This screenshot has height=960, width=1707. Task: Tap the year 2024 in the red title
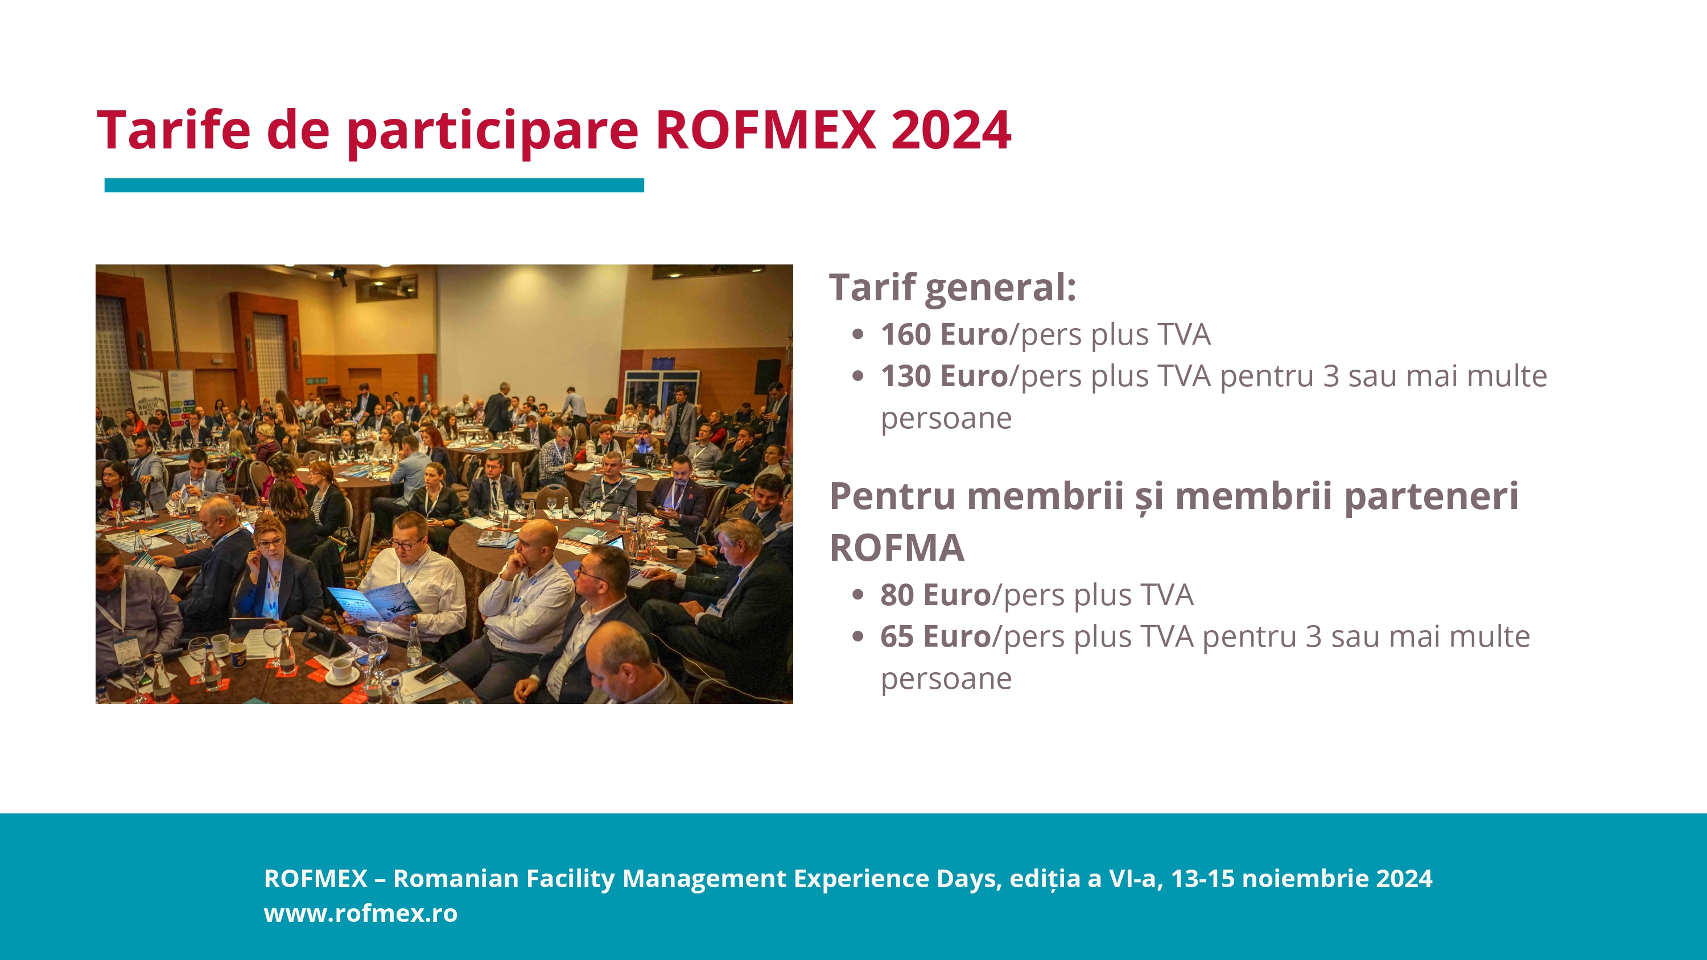coord(951,130)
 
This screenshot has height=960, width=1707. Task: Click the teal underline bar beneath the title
coord(374,185)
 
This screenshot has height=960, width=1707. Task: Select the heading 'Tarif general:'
coord(953,288)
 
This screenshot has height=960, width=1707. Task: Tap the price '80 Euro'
coord(935,594)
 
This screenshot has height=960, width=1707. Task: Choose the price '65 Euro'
coord(935,636)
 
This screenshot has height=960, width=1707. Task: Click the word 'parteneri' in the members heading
coord(1432,497)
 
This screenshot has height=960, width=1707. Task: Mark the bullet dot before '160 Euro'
coord(858,334)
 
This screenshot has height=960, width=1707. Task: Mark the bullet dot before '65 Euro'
coord(858,637)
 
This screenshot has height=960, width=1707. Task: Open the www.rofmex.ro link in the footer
coord(361,913)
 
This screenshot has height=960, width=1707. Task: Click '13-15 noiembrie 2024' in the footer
coord(1301,878)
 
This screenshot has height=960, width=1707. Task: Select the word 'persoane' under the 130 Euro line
coord(946,419)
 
